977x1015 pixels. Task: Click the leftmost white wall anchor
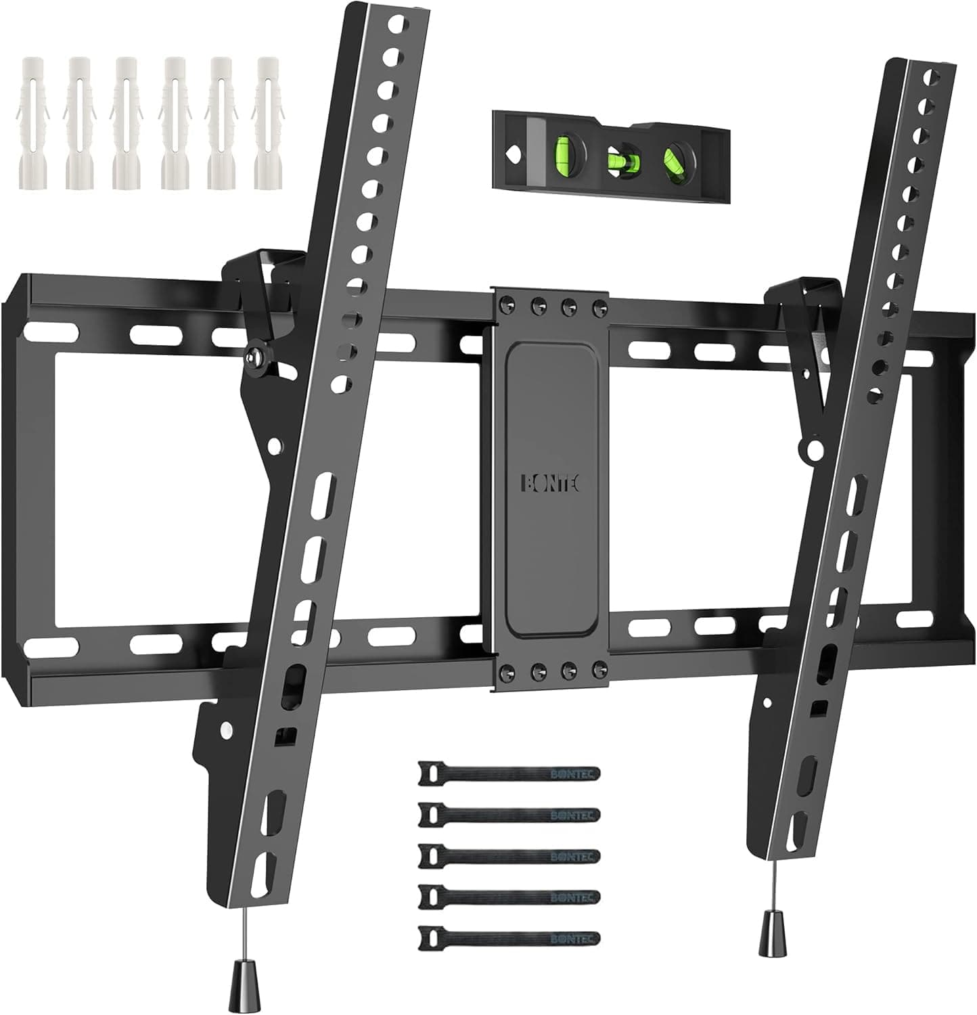(30, 122)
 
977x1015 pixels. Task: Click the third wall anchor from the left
(127, 122)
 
